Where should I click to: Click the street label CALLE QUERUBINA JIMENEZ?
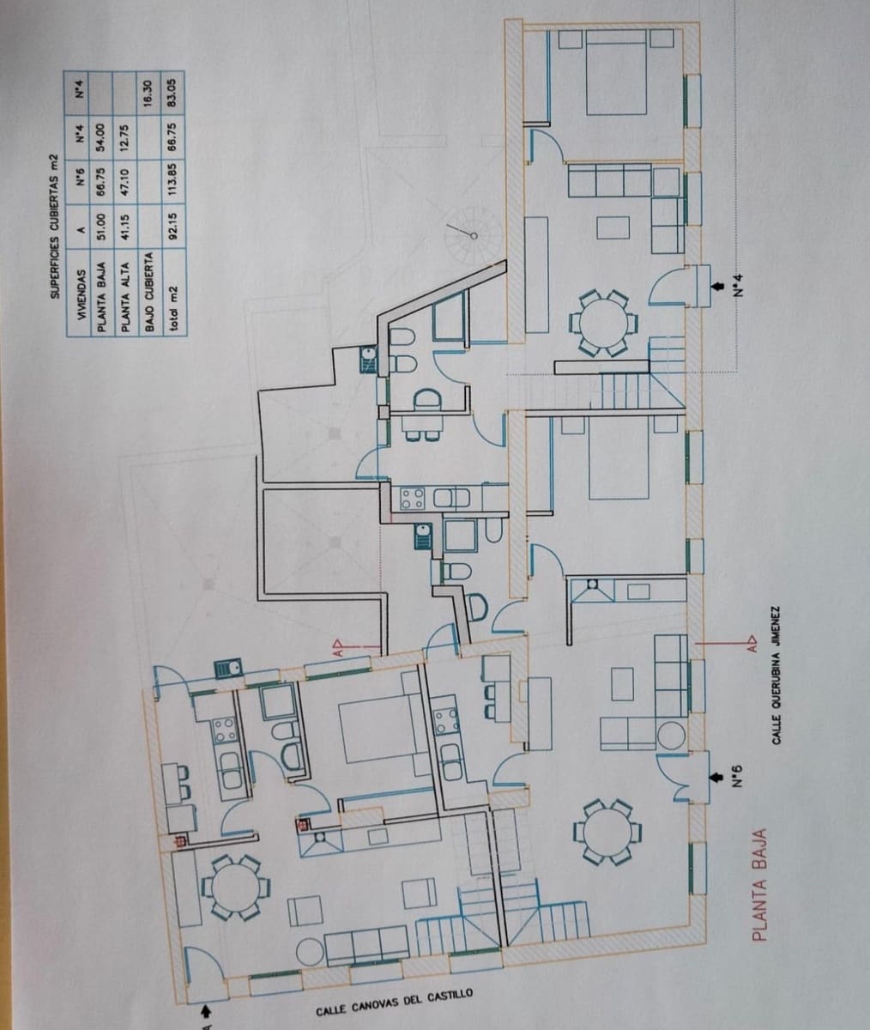[776, 682]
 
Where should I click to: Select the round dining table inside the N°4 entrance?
[605, 323]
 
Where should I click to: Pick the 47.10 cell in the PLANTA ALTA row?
[124, 178]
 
